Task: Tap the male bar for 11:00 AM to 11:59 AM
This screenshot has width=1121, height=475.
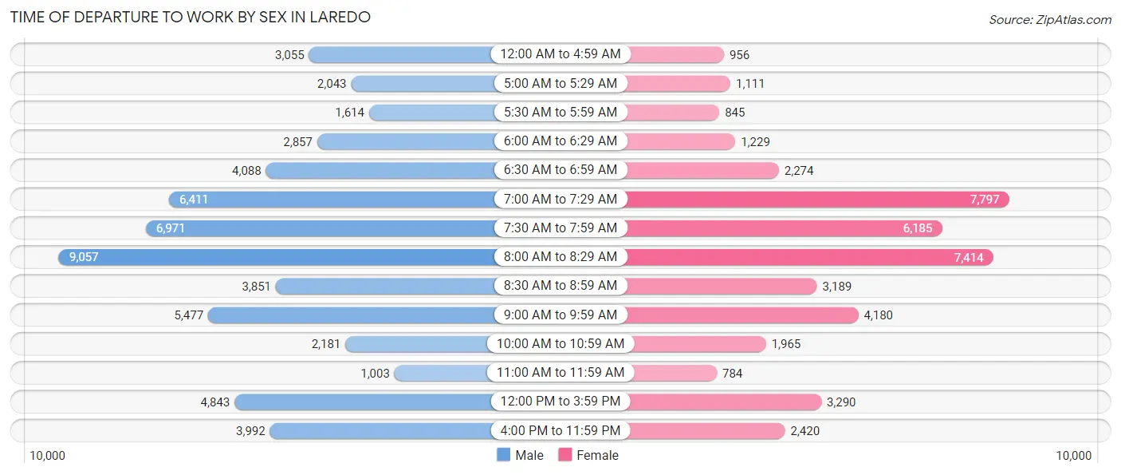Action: pos(442,373)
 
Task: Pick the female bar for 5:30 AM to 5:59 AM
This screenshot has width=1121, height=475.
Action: pos(672,113)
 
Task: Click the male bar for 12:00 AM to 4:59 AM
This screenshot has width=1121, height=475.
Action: pos(400,54)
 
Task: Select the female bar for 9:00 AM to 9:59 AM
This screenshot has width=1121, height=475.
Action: pos(741,315)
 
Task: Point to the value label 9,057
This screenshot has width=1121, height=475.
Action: pos(84,257)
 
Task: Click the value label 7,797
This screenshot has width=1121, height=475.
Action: pos(985,200)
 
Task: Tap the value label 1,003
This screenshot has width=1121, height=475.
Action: pos(375,373)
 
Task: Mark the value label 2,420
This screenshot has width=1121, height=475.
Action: pos(804,431)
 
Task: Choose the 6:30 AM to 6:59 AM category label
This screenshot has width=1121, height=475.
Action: pos(560,170)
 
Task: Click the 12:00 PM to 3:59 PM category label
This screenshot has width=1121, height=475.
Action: pos(560,402)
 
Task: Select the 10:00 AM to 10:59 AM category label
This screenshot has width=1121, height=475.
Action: pos(560,344)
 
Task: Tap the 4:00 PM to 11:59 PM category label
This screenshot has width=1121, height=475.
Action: pos(560,431)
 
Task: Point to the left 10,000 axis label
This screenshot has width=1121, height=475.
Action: pos(47,456)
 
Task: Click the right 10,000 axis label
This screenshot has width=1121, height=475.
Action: pos(1073,456)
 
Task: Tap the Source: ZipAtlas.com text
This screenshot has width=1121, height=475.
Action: pos(1049,19)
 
